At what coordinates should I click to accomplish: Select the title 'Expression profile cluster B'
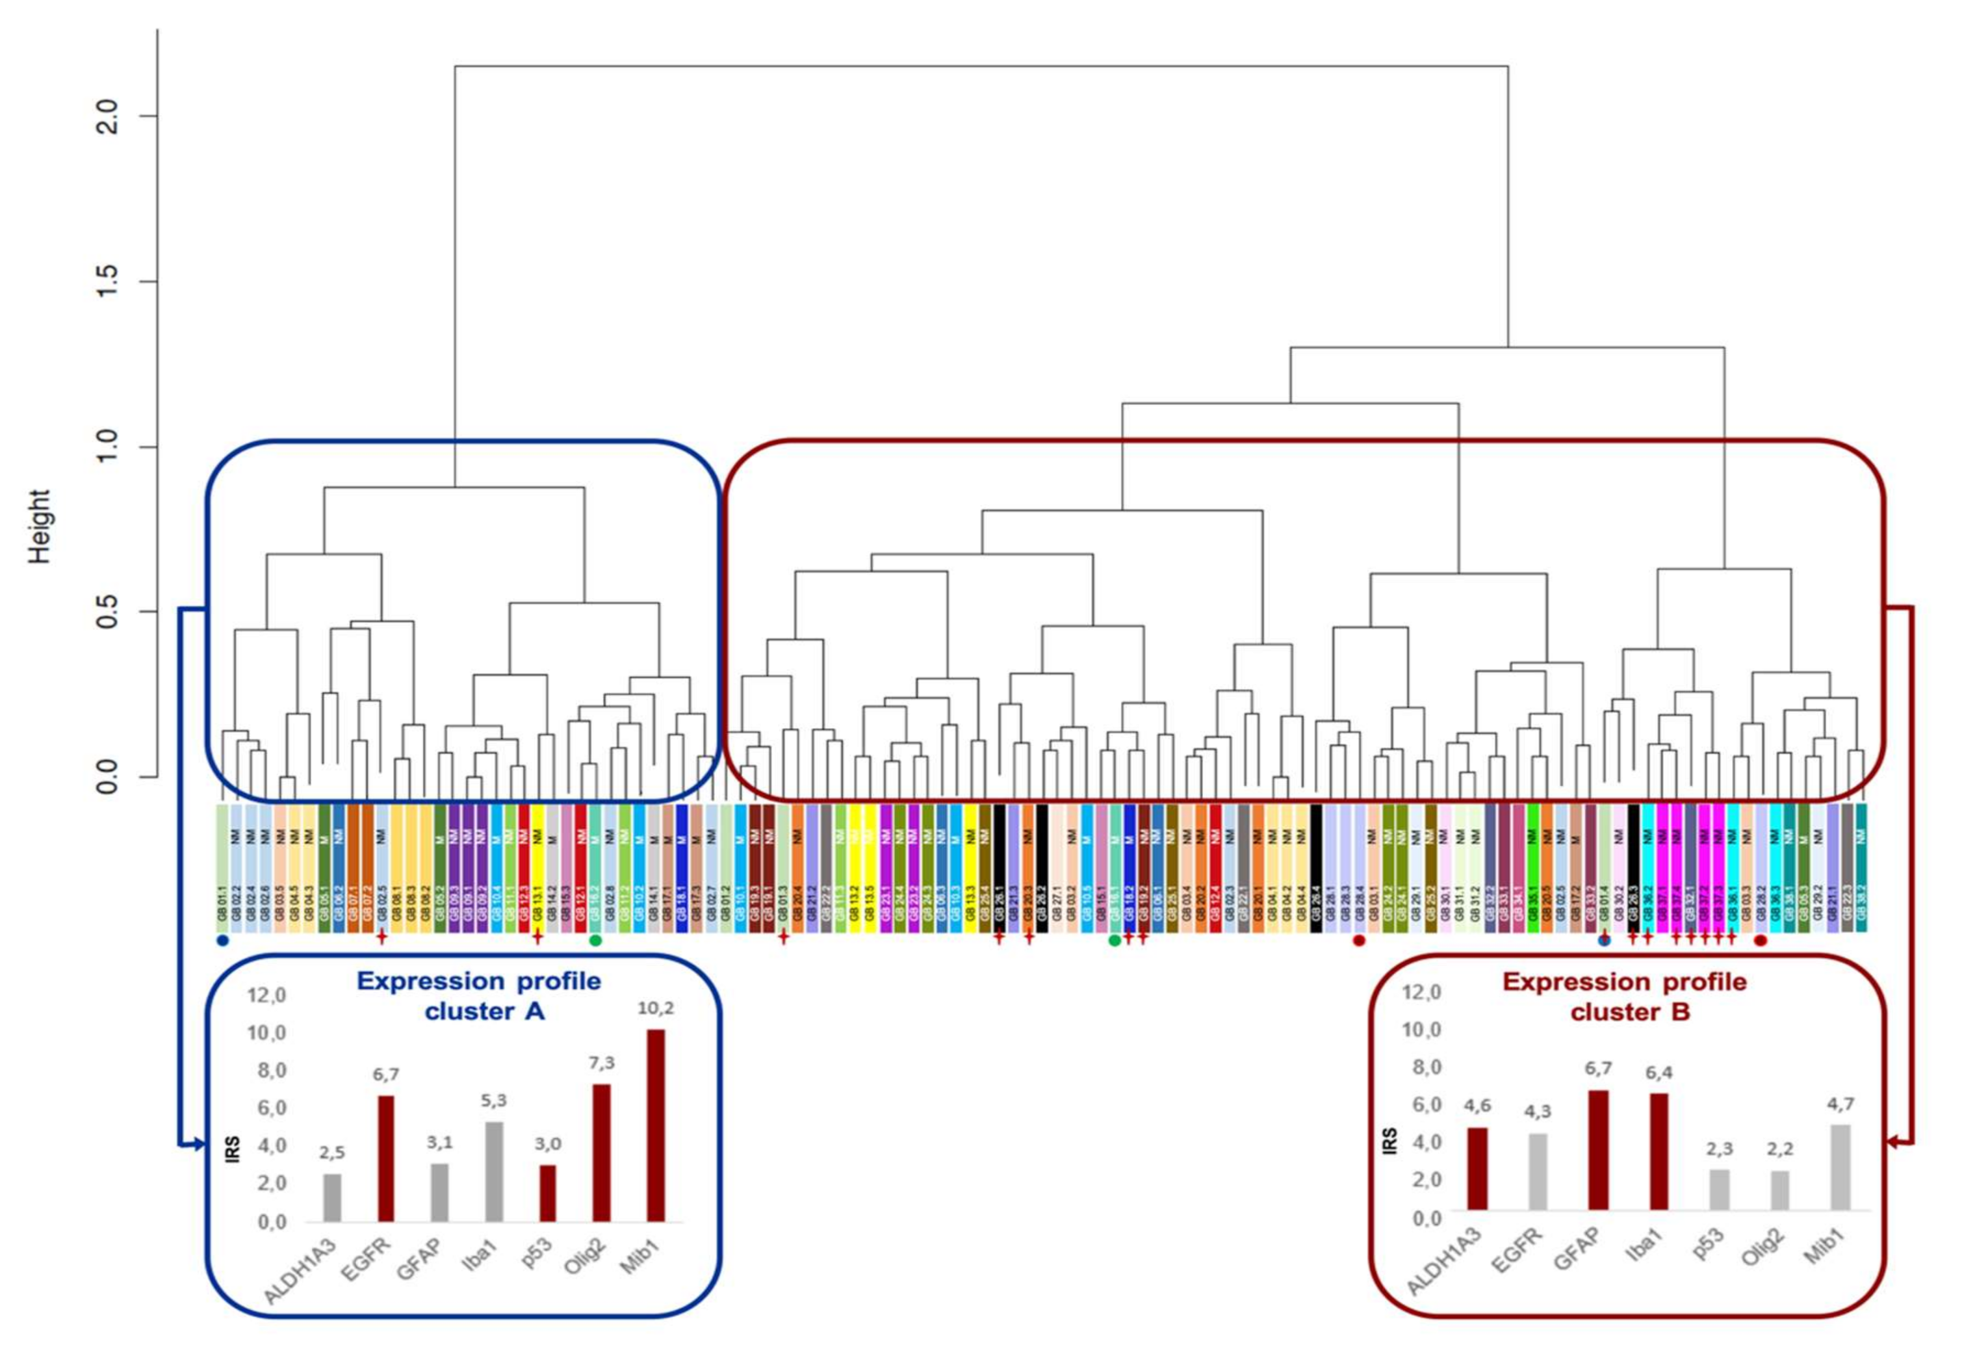[x=1624, y=997]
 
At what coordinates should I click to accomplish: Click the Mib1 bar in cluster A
[x=655, y=1126]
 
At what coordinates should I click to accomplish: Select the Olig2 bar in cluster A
[x=602, y=1153]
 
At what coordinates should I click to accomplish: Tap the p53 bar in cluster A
[x=548, y=1193]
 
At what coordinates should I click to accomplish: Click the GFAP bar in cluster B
[x=1597, y=1149]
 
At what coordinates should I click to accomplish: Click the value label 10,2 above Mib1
[x=655, y=1009]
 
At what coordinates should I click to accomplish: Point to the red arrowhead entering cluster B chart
[x=1892, y=1143]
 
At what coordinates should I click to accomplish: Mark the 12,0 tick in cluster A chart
[x=267, y=995]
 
